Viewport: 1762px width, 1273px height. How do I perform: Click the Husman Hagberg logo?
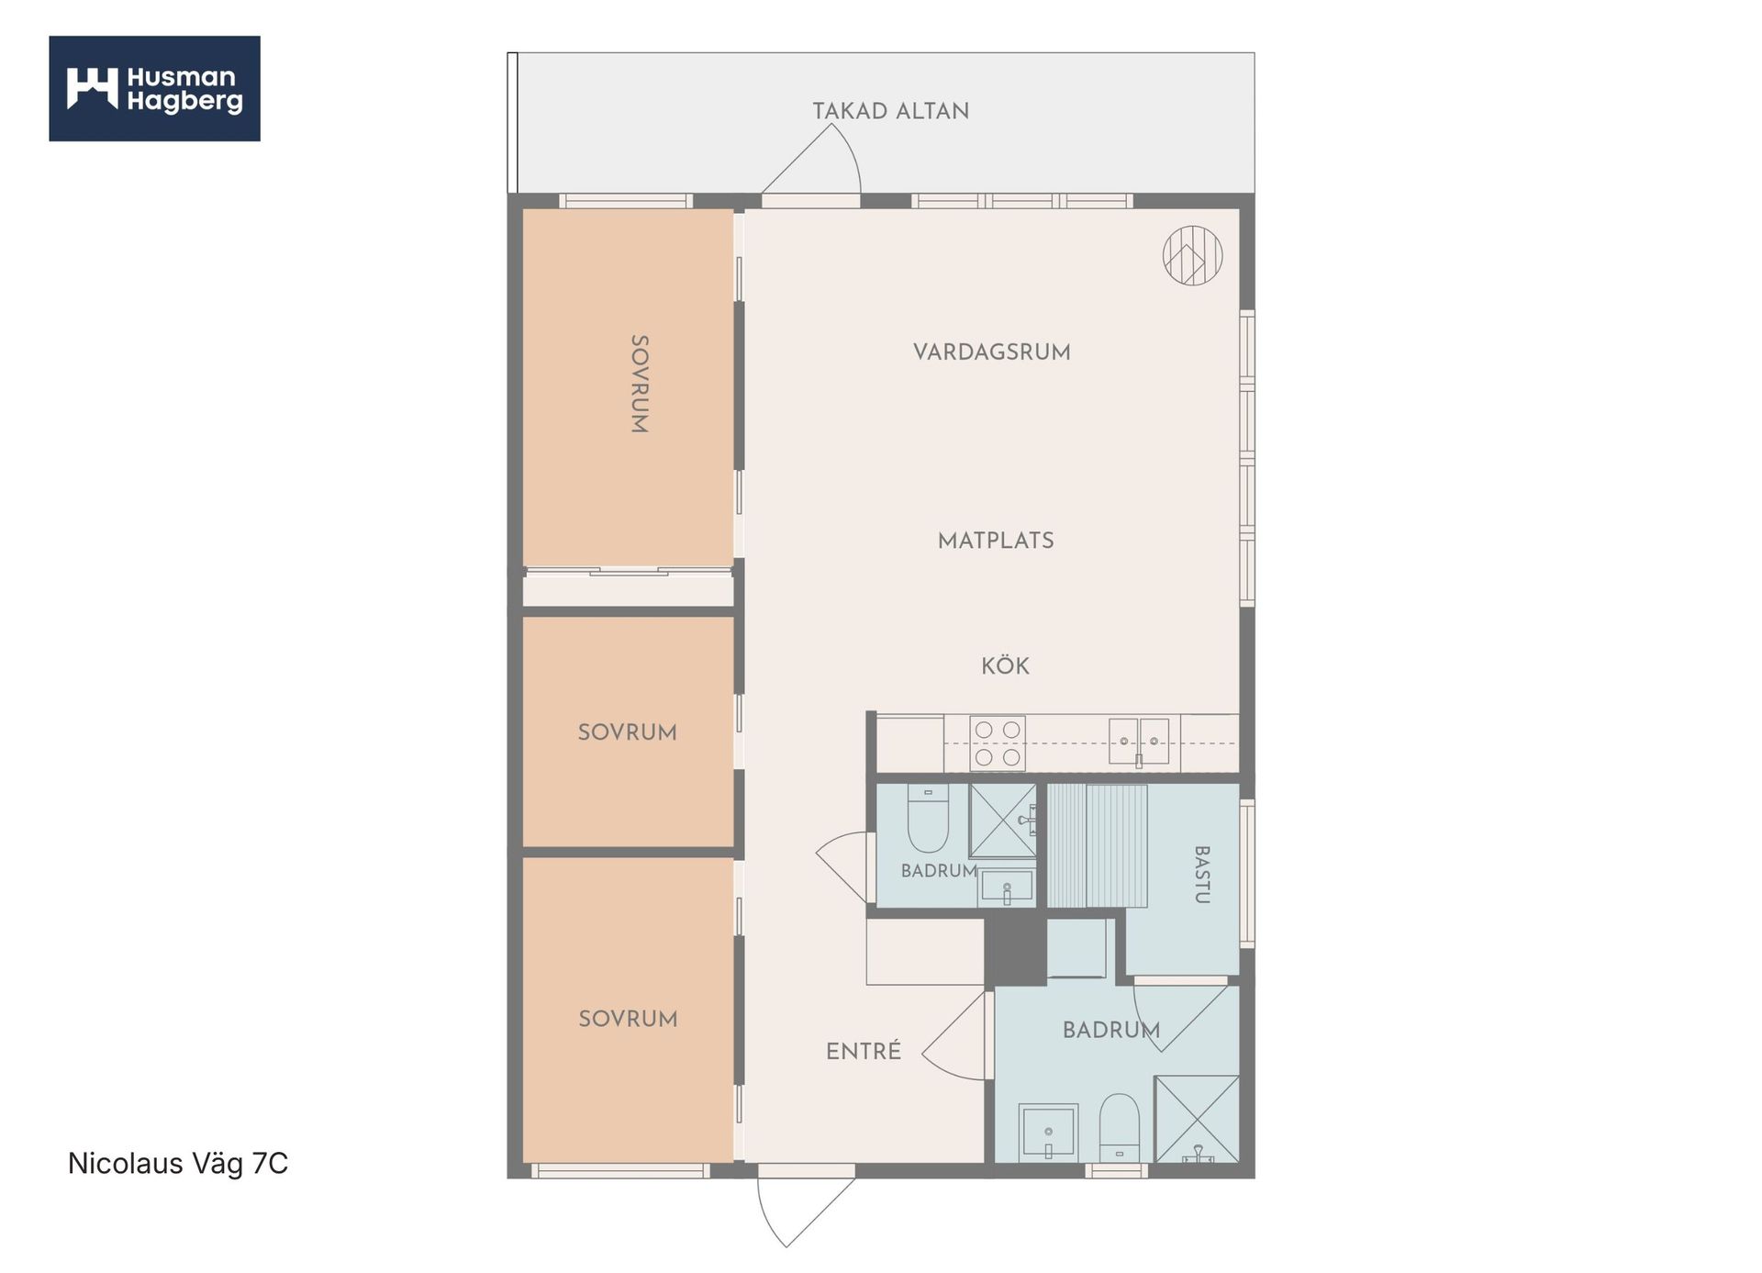pyautogui.click(x=154, y=88)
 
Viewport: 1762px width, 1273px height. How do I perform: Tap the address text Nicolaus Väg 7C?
pyautogui.click(x=178, y=1164)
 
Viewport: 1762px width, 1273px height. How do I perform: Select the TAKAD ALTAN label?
pyautogui.click(x=891, y=111)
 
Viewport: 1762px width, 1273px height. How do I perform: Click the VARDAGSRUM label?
pyautogui.click(x=992, y=352)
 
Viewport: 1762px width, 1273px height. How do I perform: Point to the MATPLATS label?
pyautogui.click(x=996, y=541)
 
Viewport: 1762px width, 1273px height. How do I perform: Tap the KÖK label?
pyautogui.click(x=1005, y=665)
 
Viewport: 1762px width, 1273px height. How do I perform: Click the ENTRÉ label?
pyautogui.click(x=864, y=1051)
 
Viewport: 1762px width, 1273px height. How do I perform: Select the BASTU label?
pyautogui.click(x=1201, y=875)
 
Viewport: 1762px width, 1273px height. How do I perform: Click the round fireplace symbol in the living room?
pyautogui.click(x=1193, y=255)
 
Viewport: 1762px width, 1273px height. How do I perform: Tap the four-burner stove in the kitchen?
pyautogui.click(x=998, y=743)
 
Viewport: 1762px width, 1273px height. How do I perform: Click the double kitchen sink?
pyautogui.click(x=1139, y=742)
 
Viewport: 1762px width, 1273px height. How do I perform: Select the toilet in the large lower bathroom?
pyautogui.click(x=1120, y=1127)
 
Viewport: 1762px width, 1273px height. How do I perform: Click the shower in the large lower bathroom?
pyautogui.click(x=1197, y=1119)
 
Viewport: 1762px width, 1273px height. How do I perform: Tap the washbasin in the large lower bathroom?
pyautogui.click(x=1048, y=1133)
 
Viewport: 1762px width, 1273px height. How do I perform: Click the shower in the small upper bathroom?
pyautogui.click(x=1003, y=821)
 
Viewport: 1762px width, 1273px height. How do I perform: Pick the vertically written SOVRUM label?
pyautogui.click(x=640, y=384)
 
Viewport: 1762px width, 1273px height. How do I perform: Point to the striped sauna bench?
pyautogui.click(x=1098, y=845)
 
